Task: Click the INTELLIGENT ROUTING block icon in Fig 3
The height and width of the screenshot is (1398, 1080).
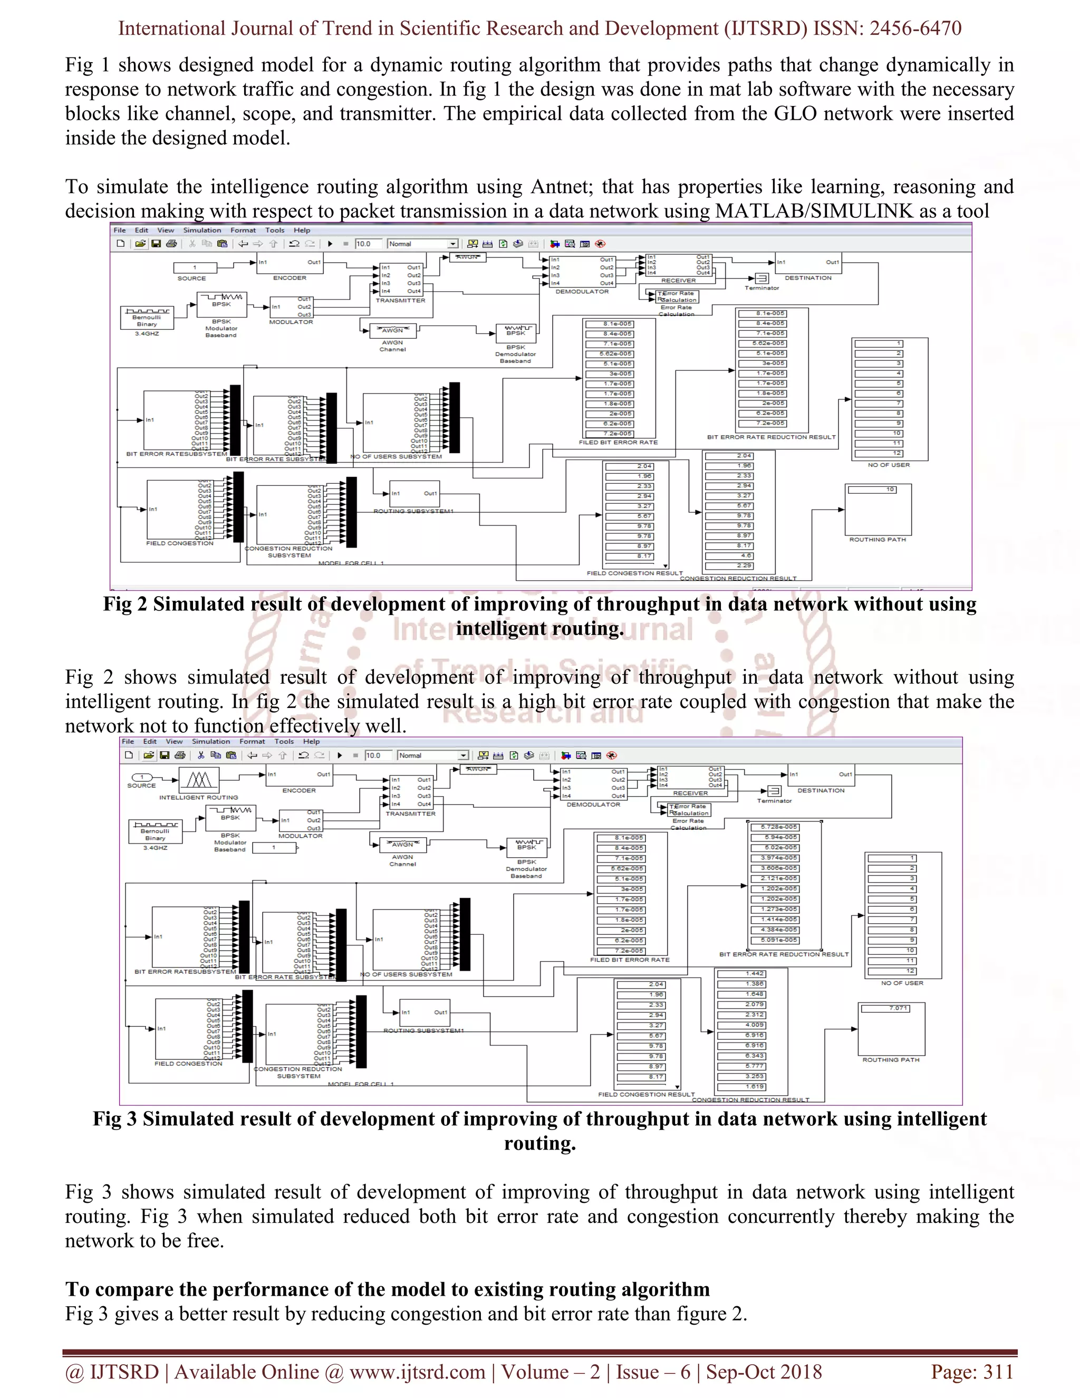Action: [199, 779]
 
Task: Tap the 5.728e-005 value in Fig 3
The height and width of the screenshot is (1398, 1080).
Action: [779, 827]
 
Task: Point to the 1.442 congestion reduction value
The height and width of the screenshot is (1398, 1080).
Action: [741, 974]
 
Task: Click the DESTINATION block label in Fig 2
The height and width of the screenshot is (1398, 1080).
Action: [808, 278]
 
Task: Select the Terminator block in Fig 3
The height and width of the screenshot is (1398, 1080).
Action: [774, 791]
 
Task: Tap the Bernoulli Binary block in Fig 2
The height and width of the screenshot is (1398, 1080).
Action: [147, 318]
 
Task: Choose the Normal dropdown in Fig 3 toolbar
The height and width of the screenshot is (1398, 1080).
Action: [432, 755]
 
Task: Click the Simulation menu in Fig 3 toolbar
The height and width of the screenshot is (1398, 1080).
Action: [210, 741]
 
